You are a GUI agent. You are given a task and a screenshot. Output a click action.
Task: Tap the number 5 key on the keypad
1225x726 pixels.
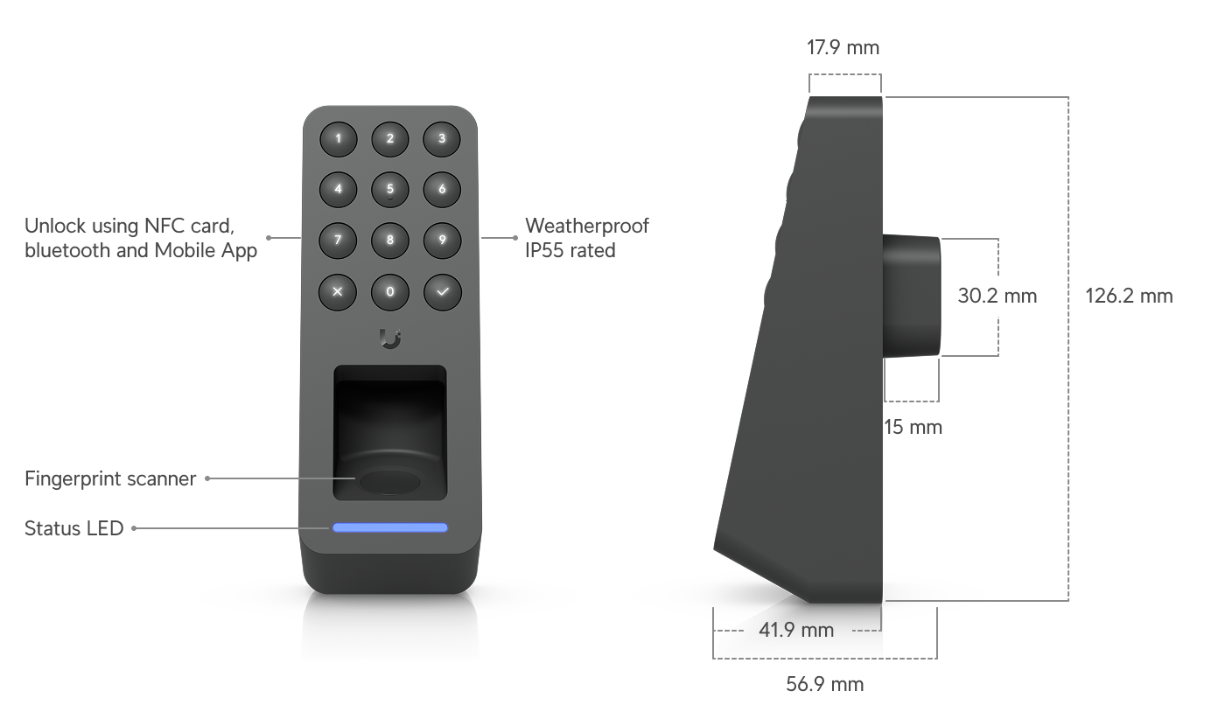390,190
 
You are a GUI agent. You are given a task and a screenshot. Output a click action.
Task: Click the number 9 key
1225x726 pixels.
442,240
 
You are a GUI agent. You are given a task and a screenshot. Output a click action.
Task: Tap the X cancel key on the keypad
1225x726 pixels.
338,292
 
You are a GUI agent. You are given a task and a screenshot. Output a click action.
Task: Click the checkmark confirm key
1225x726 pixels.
443,292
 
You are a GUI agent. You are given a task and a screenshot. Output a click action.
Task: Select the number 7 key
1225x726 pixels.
338,240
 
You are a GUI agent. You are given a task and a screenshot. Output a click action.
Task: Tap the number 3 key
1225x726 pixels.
442,139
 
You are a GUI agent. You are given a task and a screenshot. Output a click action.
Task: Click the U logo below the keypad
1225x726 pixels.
390,339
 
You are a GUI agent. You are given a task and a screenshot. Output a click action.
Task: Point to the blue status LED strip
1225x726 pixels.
390,527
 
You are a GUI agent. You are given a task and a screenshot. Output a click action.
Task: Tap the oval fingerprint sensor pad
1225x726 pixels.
390,482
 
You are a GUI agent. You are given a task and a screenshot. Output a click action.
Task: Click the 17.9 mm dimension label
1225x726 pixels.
843,47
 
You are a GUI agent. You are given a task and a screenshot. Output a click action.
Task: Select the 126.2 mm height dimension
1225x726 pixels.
1129,297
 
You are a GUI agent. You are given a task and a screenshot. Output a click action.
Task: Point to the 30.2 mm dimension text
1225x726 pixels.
997,297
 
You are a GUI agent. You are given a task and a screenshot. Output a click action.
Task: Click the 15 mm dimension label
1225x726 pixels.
913,427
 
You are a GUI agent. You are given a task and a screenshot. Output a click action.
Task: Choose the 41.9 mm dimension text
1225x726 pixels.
796,631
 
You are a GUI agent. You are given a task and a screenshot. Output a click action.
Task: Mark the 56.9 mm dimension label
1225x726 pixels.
824,684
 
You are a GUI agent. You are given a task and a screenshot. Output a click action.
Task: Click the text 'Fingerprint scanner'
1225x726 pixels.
110,479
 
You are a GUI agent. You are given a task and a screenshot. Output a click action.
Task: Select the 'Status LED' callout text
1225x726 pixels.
73,528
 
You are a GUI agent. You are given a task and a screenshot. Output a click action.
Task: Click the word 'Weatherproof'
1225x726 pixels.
587,226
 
